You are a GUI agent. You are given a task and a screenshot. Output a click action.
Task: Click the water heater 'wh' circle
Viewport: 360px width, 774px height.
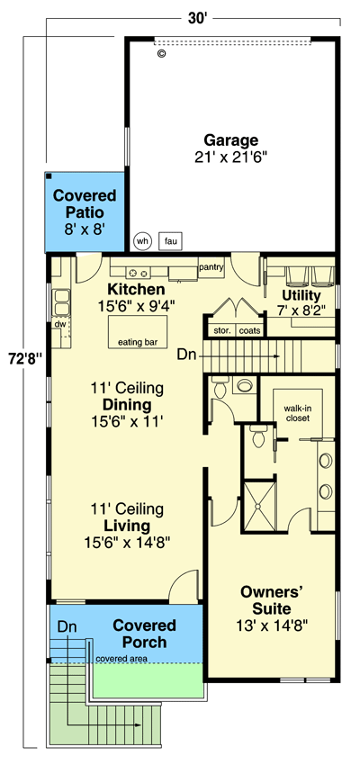tap(142, 241)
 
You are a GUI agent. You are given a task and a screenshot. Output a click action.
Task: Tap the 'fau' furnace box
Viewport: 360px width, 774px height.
tap(170, 241)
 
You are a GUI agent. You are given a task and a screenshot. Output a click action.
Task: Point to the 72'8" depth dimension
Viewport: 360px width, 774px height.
tap(22, 358)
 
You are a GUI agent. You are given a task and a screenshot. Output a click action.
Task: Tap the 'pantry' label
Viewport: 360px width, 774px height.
tap(211, 267)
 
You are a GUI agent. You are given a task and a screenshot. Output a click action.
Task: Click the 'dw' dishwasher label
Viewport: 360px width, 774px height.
tap(60, 324)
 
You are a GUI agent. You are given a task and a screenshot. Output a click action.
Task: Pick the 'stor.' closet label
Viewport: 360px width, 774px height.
tap(222, 330)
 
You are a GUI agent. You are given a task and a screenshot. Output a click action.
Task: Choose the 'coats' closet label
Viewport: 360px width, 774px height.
tap(250, 330)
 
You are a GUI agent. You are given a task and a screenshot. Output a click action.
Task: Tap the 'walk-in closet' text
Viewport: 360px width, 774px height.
tap(296, 413)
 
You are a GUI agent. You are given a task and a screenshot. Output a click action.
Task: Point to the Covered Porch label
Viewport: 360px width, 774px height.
tap(144, 634)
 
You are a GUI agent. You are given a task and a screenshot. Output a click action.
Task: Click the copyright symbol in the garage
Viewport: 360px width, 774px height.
tap(161, 54)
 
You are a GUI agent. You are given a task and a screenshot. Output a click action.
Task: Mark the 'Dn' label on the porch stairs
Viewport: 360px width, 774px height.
tap(67, 627)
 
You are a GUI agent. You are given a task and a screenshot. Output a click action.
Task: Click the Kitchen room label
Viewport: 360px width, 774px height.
tap(136, 289)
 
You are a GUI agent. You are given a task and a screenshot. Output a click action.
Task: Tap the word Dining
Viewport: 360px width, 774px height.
tap(127, 405)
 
